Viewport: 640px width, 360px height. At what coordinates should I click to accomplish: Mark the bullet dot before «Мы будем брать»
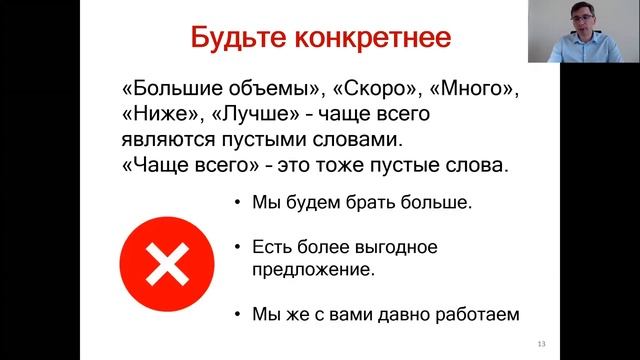(x=237, y=206)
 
